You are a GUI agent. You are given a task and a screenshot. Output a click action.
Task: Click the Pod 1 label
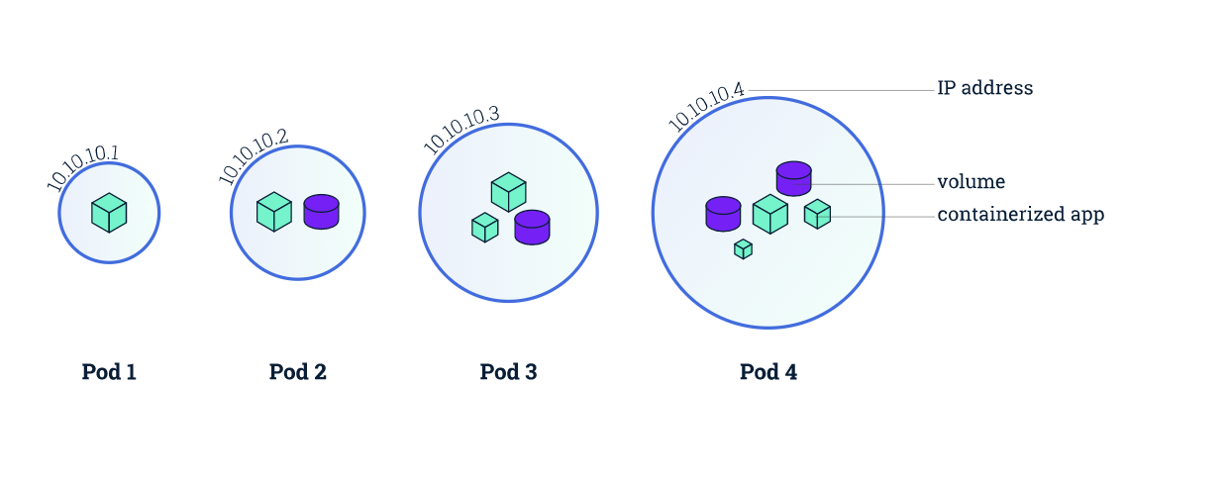[109, 372]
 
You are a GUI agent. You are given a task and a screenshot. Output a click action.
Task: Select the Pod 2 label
[298, 372]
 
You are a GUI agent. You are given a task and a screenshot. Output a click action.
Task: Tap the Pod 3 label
[508, 372]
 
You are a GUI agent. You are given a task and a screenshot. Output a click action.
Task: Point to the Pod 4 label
[768, 372]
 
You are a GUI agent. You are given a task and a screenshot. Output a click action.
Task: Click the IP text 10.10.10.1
[82, 167]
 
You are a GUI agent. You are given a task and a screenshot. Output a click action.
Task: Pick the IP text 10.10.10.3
[461, 130]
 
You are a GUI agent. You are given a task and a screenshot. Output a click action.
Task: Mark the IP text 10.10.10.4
[705, 106]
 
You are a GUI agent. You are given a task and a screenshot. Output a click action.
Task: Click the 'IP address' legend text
[984, 88]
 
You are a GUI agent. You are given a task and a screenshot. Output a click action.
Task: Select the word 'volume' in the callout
[971, 182]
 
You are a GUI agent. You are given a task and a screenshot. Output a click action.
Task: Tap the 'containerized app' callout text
[1020, 214]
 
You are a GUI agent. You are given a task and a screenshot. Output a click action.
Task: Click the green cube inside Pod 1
[109, 213]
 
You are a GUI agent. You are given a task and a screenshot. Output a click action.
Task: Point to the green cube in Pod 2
[274, 212]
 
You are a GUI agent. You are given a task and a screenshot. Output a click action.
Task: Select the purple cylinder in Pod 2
[321, 212]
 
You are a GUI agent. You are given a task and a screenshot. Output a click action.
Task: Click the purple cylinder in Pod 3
[532, 228]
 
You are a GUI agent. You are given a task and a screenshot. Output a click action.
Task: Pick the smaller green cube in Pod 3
[485, 228]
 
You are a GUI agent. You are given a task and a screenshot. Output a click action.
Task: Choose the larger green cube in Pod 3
[509, 192]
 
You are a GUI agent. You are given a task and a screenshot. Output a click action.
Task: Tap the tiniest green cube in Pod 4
[744, 249]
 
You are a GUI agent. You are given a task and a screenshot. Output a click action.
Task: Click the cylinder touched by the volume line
[794, 178]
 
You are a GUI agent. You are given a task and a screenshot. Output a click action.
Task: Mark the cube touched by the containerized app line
[817, 214]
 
